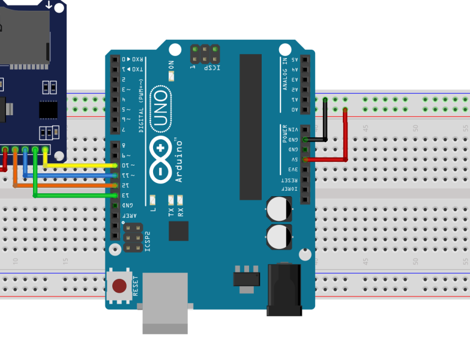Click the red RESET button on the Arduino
pyautogui.click(x=119, y=286)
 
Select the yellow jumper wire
pyautogui.click(x=84, y=164)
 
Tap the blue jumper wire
pyautogui.click(x=72, y=175)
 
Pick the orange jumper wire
pyautogui.click(x=66, y=185)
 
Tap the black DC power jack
pyautogui.click(x=284, y=289)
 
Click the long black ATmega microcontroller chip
pyautogui.click(x=250, y=126)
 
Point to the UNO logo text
pyautogui.click(x=160, y=109)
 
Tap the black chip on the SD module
pyautogui.click(x=48, y=110)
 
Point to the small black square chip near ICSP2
pyautogui.click(x=178, y=230)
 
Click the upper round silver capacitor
pyautogui.click(x=279, y=209)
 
